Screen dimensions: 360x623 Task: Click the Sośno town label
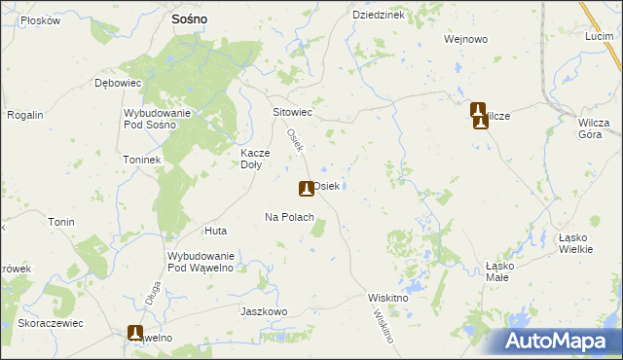pos(194,18)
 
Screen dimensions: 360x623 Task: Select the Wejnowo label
pos(464,39)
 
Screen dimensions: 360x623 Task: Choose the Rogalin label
pos(25,115)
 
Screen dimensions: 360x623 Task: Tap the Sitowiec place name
pos(292,112)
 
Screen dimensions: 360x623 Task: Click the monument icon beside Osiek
pos(306,187)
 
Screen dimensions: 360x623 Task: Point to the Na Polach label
pos(289,217)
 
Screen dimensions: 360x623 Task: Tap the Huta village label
pos(215,231)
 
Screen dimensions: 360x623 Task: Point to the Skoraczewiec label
pos(50,322)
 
